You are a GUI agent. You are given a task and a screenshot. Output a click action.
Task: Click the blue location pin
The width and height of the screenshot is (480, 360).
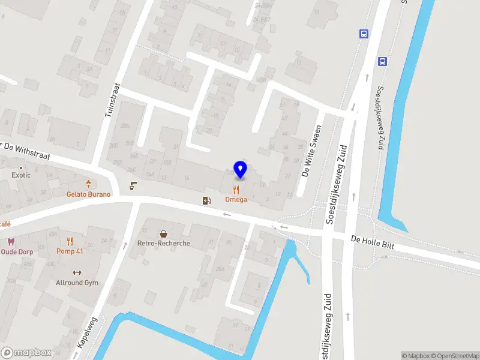(x=240, y=169)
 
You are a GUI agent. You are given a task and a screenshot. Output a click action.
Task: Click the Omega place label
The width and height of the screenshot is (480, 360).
(x=236, y=199)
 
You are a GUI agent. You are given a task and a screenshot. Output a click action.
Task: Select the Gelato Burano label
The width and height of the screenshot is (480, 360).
(x=88, y=194)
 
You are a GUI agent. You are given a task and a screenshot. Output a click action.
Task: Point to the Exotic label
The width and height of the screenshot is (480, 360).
(x=21, y=175)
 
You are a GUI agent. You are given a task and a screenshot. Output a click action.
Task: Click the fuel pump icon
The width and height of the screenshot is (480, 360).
(x=206, y=200)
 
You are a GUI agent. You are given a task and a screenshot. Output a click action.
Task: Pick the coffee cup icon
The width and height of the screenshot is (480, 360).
(x=133, y=187)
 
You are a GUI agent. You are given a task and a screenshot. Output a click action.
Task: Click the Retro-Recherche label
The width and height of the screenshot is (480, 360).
(x=163, y=243)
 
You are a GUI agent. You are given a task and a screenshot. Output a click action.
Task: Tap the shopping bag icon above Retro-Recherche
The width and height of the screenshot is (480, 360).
(x=163, y=233)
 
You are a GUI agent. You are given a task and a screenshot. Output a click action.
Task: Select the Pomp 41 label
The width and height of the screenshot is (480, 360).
(x=70, y=251)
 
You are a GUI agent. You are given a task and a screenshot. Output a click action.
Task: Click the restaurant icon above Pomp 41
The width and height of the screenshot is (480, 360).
(x=70, y=241)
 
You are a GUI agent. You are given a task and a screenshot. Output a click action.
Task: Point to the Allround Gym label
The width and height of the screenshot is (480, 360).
(x=77, y=283)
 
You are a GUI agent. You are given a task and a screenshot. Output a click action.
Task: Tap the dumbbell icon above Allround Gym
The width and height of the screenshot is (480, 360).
(x=77, y=272)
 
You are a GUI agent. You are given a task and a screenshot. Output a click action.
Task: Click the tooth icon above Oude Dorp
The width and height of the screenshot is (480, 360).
(x=10, y=242)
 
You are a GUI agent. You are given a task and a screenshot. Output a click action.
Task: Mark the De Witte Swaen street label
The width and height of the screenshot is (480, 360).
(x=312, y=152)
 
